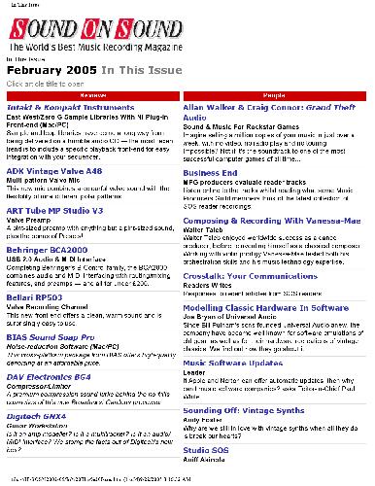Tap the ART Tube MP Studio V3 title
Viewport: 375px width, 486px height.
click(x=58, y=210)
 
